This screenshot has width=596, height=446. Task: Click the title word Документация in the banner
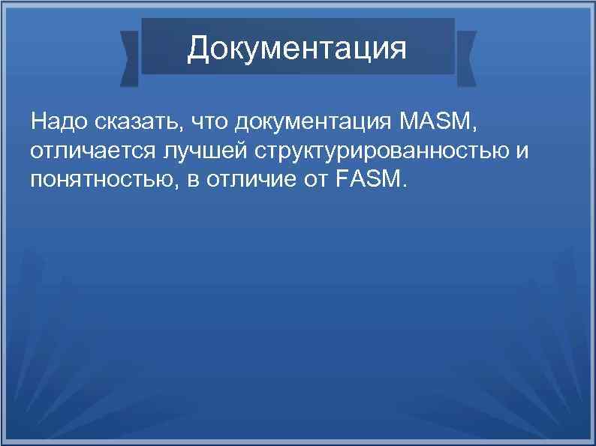click(x=297, y=49)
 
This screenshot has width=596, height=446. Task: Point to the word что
click(x=209, y=120)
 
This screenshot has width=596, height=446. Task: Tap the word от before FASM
click(x=304, y=180)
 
